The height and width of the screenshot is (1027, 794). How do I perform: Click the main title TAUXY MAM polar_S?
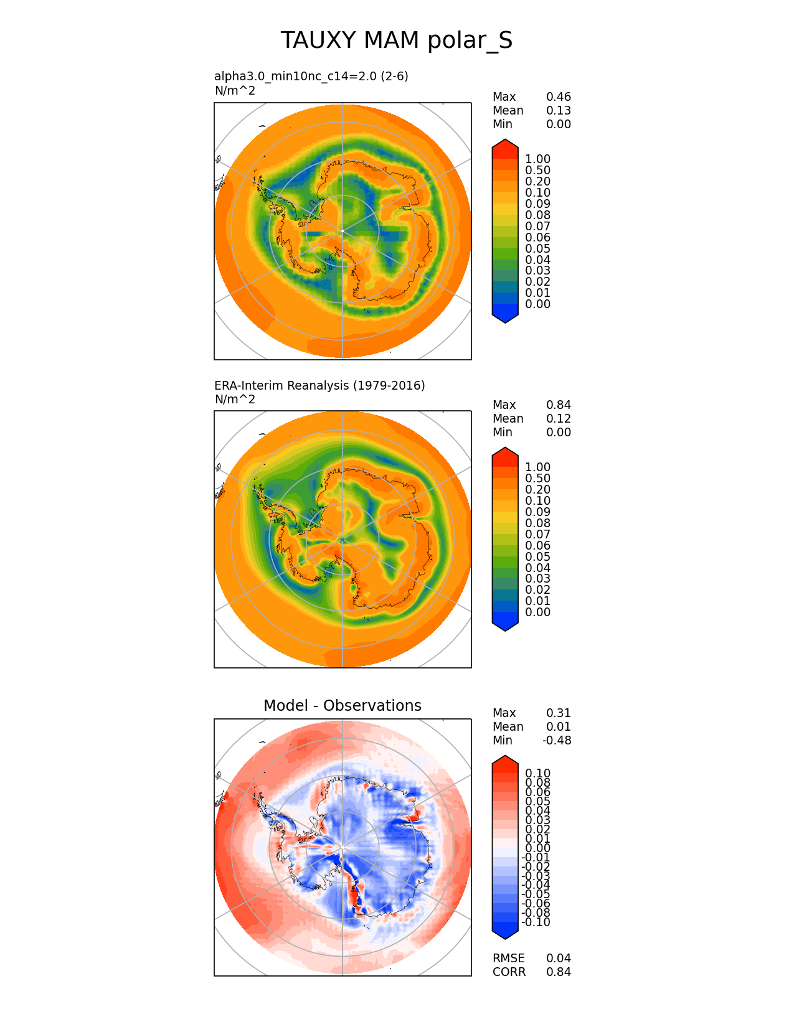click(397, 40)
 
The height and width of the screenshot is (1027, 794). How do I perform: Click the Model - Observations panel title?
click(342, 705)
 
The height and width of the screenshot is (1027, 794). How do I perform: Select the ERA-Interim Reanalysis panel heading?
click(319, 385)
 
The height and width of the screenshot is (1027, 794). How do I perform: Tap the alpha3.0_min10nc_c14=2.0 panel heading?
click(311, 76)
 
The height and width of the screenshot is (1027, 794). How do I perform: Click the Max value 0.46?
click(559, 97)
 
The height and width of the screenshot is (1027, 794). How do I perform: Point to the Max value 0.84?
click(559, 405)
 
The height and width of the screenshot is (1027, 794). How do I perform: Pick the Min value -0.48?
click(557, 740)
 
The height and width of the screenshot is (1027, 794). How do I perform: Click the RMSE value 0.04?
click(559, 958)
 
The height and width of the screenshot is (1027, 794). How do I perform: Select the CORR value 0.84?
click(559, 972)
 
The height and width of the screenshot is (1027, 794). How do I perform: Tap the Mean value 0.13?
click(559, 111)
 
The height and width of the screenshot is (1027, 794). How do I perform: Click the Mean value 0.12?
click(559, 419)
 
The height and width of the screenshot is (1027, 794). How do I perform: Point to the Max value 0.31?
click(559, 713)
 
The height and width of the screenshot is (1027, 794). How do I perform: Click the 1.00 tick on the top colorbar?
click(537, 159)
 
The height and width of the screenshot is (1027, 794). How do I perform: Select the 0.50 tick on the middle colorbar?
click(537, 479)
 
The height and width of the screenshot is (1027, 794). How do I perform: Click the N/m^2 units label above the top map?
click(235, 91)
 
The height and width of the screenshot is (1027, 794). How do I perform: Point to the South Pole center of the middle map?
click(343, 539)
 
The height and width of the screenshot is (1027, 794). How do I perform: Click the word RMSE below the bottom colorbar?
click(509, 958)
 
